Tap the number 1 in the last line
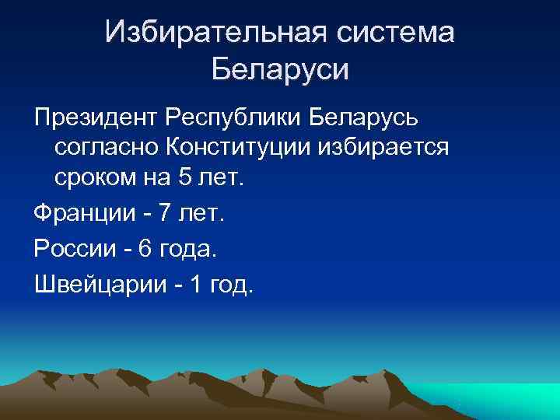pyautogui.click(x=196, y=285)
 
